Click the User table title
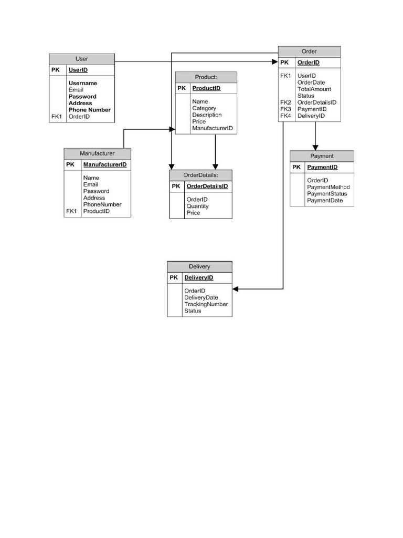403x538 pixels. [82, 59]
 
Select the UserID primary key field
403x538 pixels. [78, 70]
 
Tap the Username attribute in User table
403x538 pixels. [82, 83]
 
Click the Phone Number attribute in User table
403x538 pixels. [89, 110]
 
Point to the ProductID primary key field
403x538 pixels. [206, 88]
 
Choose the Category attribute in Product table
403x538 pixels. [204, 108]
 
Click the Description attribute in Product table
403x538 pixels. [207, 115]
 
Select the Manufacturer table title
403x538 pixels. [97, 153]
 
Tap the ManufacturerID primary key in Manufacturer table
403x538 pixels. [104, 164]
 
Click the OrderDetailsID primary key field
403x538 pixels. [207, 186]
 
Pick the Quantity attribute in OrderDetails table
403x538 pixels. [197, 206]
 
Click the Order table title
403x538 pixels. [309, 51]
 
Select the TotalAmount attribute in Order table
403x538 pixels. [314, 89]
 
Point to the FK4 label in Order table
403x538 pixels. [285, 116]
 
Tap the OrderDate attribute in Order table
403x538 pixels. [311, 82]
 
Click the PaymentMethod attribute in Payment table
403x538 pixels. [328, 187]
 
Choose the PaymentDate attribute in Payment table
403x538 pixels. [325, 200]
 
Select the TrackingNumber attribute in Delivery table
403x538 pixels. [206, 304]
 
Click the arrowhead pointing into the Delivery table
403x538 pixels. [236, 289]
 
